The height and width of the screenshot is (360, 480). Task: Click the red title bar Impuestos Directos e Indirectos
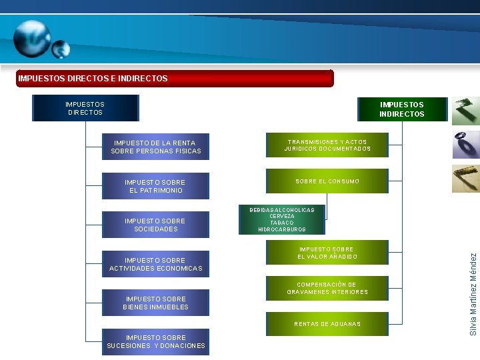click(x=175, y=79)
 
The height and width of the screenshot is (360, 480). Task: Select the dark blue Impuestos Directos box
click(x=85, y=108)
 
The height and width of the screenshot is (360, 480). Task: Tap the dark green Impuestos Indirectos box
click(x=401, y=109)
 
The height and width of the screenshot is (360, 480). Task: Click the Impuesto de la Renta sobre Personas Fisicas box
click(x=155, y=147)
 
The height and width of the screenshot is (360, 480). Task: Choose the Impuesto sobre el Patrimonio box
click(x=155, y=186)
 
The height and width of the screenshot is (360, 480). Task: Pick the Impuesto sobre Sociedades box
click(x=155, y=225)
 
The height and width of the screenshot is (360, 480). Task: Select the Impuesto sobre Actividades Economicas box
click(x=155, y=264)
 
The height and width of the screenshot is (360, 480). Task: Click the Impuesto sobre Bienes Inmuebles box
click(x=155, y=303)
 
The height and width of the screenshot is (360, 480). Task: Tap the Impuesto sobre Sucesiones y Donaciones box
click(x=155, y=341)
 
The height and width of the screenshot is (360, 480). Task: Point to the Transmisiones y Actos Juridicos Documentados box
click(x=327, y=145)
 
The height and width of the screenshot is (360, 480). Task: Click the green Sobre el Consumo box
click(x=327, y=181)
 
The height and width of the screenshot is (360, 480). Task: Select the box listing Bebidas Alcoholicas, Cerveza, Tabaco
click(x=281, y=219)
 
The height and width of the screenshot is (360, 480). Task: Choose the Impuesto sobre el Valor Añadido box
click(x=327, y=253)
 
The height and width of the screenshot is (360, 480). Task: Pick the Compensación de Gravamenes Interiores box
click(x=327, y=289)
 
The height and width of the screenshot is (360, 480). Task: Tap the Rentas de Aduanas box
click(x=327, y=324)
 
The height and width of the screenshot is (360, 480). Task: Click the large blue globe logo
click(x=31, y=39)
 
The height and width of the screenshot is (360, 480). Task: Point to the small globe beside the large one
click(x=61, y=49)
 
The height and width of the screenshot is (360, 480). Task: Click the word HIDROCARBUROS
click(x=281, y=229)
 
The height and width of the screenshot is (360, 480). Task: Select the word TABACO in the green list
click(x=281, y=223)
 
